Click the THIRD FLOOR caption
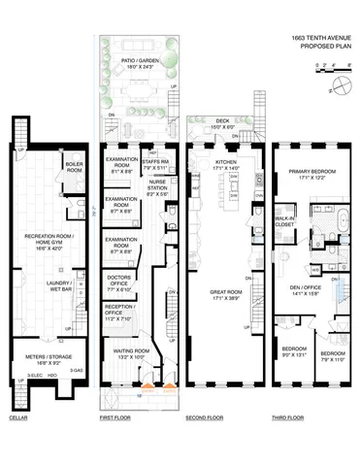(287, 417)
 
